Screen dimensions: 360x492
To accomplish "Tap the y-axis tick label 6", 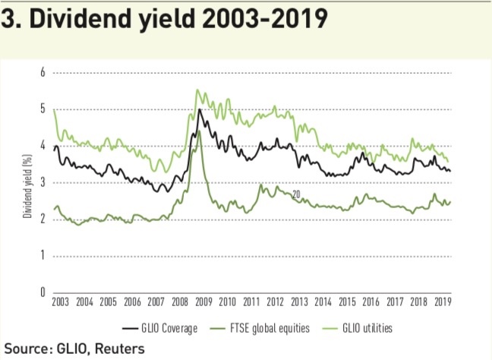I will [x=43, y=73].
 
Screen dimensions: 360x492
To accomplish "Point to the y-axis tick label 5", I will [x=43, y=109].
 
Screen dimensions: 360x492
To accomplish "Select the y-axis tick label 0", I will [x=43, y=292].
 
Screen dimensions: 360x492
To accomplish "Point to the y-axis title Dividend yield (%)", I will [x=27, y=182].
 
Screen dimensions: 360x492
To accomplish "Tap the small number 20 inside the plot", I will [x=295, y=194].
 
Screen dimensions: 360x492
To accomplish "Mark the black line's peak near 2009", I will [x=199, y=109].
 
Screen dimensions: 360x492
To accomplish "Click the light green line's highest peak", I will [x=197, y=90].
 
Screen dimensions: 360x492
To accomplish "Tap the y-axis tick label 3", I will [x=43, y=182].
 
